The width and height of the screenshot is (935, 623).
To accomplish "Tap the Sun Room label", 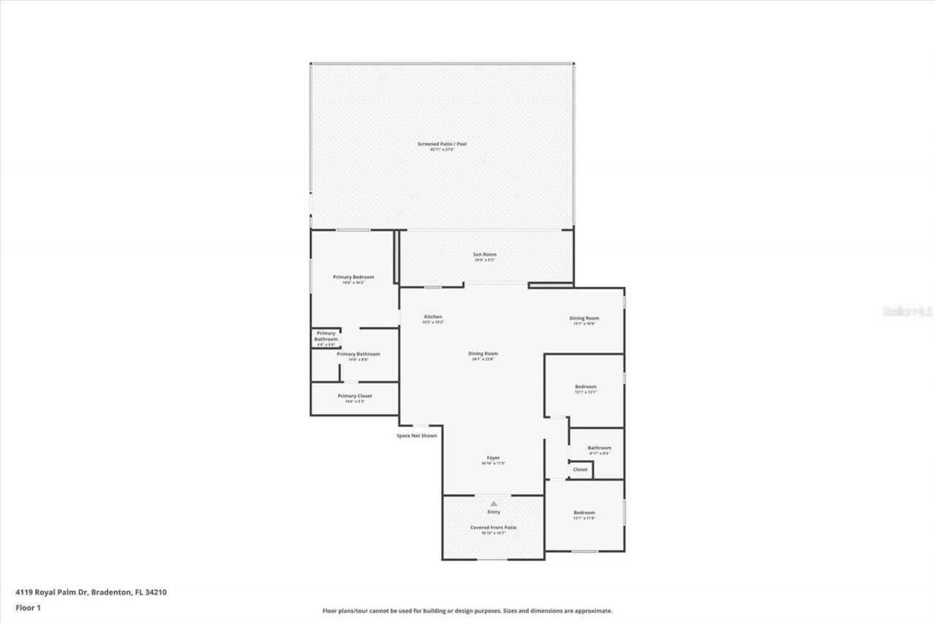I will pyautogui.click(x=484, y=254).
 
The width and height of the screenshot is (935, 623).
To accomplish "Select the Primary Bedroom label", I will pyautogui.click(x=354, y=277).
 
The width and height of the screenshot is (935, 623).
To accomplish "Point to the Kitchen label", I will pyautogui.click(x=432, y=316).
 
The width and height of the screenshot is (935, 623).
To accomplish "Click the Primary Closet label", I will pyautogui.click(x=355, y=396).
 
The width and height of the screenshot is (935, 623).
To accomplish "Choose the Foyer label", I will pyautogui.click(x=494, y=458).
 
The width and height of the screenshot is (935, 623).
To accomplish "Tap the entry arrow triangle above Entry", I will pyautogui.click(x=494, y=503).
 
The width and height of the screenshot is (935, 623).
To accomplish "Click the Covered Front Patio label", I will pyautogui.click(x=494, y=527).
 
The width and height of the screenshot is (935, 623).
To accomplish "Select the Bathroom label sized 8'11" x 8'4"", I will pyautogui.click(x=599, y=448).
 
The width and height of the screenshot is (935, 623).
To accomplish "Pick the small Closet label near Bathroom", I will pyautogui.click(x=580, y=470).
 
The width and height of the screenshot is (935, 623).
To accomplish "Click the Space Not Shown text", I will pyautogui.click(x=417, y=435).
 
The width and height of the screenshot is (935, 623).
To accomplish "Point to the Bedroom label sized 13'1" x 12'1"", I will pyautogui.click(x=585, y=386).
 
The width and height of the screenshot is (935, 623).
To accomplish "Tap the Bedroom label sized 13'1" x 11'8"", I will pyautogui.click(x=584, y=513).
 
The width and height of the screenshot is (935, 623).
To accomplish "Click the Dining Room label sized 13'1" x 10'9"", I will pyautogui.click(x=584, y=318).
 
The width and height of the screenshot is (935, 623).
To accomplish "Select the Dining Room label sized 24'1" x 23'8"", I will pyautogui.click(x=483, y=353).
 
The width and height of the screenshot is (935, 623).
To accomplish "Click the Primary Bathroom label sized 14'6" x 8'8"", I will pyautogui.click(x=358, y=354).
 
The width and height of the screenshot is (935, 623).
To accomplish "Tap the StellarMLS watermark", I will pyautogui.click(x=907, y=311).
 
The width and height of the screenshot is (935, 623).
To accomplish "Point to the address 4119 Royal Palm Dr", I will pyautogui.click(x=50, y=592).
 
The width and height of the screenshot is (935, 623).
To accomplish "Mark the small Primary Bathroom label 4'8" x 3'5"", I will pyautogui.click(x=326, y=336).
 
